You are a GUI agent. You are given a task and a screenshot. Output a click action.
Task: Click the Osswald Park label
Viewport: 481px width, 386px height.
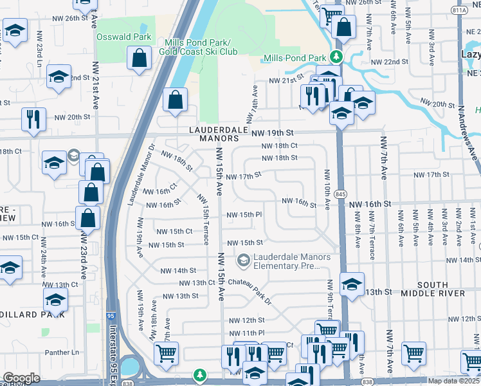[123, 37]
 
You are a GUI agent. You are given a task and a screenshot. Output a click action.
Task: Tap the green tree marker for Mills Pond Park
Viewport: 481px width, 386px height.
[334, 57]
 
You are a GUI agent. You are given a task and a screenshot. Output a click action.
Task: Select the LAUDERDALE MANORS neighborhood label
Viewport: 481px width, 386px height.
[218, 133]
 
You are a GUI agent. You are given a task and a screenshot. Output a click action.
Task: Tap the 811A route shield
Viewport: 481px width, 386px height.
[460, 10]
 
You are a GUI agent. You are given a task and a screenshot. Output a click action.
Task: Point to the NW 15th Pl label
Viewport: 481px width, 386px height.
[243, 215]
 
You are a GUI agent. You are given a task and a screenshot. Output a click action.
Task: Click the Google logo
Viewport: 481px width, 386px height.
[21, 378]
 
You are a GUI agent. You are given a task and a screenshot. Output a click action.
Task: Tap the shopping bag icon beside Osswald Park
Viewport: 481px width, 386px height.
[140, 59]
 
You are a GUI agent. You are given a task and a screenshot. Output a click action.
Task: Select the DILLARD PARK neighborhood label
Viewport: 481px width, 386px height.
[32, 314]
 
